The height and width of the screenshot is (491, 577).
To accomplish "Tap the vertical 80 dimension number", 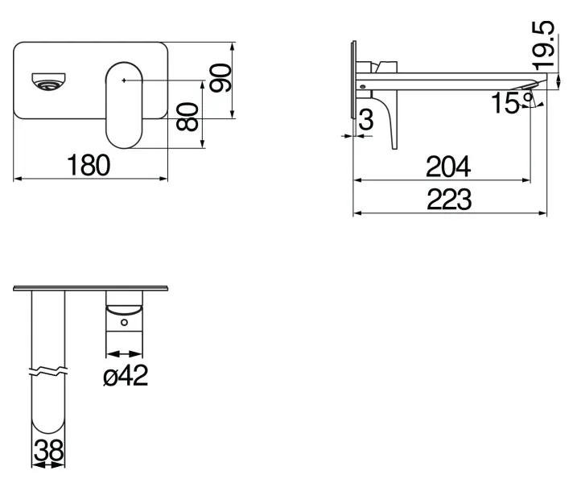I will pos(188,117).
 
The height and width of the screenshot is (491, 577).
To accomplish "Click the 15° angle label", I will pos(509,103).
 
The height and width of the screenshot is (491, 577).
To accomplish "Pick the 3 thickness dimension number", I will pos(366,121).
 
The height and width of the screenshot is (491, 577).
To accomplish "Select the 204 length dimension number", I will pos(447,167).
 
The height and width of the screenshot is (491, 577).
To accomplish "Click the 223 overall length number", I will pos(448,200).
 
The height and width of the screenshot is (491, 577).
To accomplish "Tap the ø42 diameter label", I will pos(126,375).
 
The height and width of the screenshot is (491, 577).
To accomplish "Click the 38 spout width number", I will pos(48,452).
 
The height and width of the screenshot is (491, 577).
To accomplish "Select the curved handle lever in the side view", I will pos(391,121).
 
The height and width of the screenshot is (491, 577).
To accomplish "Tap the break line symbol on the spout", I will pos(47,372).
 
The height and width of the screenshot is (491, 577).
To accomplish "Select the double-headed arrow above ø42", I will pos(124,353).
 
